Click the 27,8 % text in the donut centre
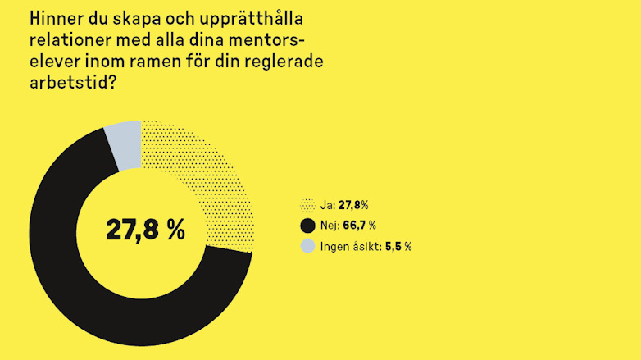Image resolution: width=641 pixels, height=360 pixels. [x=145, y=230]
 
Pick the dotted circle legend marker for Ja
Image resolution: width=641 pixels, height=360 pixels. [x=307, y=206]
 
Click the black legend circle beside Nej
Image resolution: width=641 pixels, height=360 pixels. [x=307, y=226]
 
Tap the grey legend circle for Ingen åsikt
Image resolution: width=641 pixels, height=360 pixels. [x=307, y=246]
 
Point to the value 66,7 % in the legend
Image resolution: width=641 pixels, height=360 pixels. [x=359, y=226]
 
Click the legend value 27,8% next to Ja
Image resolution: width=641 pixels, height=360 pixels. [x=353, y=206]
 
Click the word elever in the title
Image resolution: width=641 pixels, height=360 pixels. [x=56, y=62]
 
